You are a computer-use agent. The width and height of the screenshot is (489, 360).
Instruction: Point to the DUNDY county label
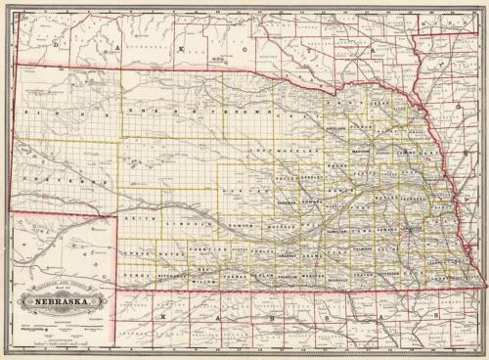pyautogui.click(x=135, y=277)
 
